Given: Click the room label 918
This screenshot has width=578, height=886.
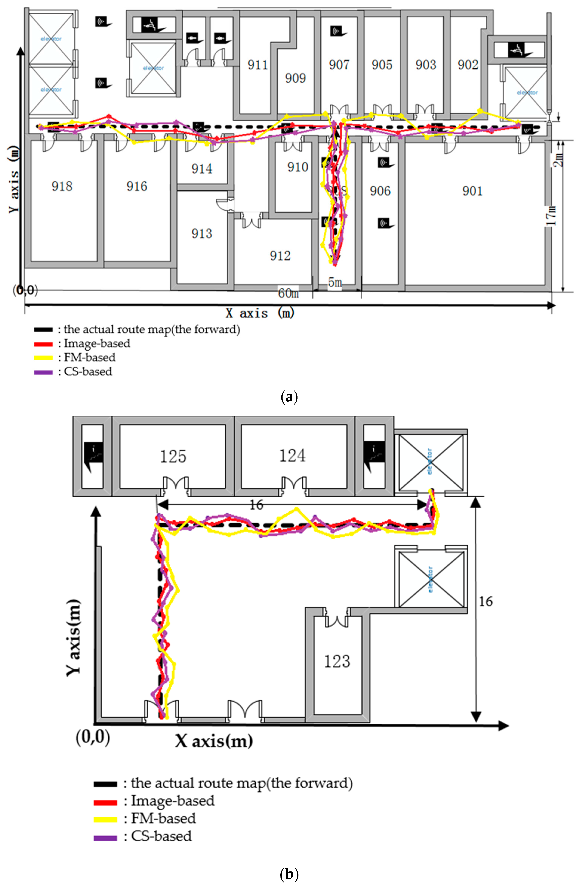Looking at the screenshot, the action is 62,186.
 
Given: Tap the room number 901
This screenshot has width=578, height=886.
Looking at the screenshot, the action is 472,191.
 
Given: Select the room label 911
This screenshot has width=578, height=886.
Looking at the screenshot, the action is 258,65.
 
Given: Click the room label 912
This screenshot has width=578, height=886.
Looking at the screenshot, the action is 280,256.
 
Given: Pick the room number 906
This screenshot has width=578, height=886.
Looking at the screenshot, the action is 380,191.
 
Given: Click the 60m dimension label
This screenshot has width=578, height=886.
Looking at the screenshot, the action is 288,293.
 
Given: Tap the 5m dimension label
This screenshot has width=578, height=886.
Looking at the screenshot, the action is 335,283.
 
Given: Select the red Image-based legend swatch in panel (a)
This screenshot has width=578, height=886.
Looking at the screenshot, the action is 43,344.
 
